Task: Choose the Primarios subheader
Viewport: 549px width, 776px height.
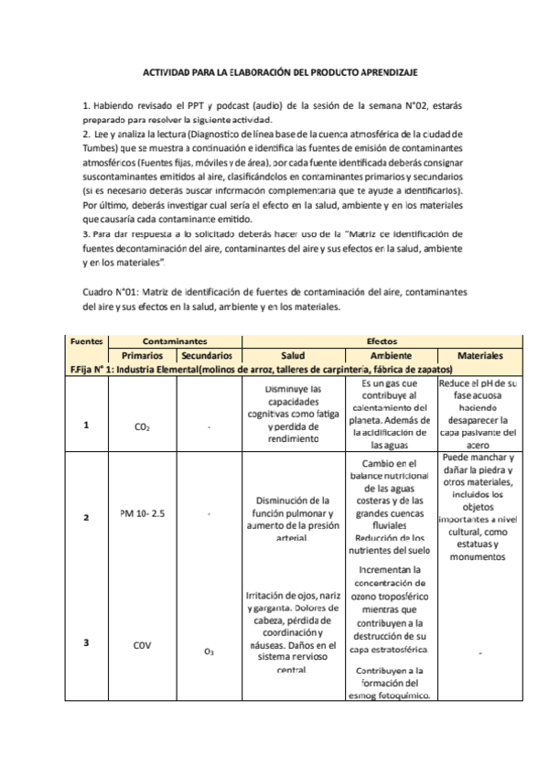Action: pos(142,354)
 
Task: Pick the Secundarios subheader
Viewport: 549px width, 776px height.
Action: pos(207,354)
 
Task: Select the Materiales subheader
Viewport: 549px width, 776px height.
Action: pos(481,354)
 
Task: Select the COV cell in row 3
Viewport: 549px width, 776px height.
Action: pos(142,643)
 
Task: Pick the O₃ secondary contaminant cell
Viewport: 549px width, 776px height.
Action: pos(208,652)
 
